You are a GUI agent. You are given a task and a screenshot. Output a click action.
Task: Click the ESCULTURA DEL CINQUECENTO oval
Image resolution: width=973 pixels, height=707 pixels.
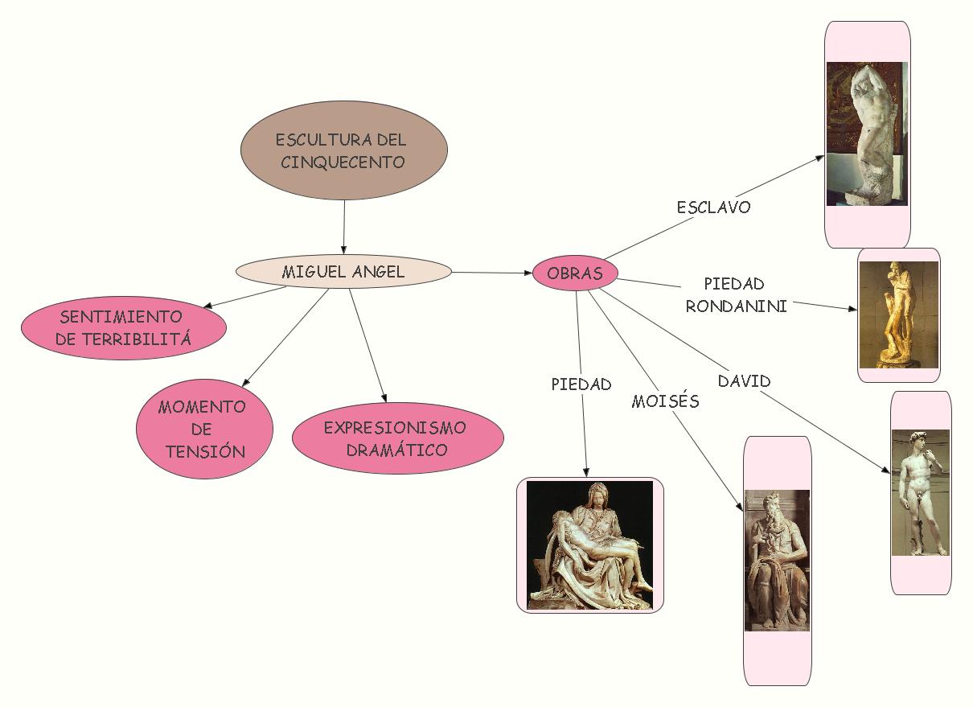[x=344, y=150]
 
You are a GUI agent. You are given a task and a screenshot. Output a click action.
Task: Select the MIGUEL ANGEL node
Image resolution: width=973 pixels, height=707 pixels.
[x=343, y=272]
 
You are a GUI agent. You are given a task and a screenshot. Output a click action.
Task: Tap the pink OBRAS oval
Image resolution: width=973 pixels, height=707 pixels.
[x=575, y=273]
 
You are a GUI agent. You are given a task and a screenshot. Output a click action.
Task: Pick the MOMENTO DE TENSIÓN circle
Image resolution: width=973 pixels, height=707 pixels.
[x=204, y=428]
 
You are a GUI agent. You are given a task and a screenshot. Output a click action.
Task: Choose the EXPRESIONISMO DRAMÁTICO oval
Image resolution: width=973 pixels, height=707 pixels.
[x=397, y=438]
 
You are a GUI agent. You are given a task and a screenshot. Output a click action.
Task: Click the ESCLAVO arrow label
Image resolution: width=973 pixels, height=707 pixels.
[x=713, y=208]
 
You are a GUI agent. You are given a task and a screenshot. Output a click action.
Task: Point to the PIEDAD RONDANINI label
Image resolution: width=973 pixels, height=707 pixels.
[x=735, y=294]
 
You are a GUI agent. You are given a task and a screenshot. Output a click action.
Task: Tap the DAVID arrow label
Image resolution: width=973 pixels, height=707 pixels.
[x=744, y=381]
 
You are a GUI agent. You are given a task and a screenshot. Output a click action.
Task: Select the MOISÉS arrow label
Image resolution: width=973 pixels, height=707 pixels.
[x=665, y=401]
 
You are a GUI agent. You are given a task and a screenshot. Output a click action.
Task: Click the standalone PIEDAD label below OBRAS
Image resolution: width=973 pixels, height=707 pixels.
[x=581, y=384]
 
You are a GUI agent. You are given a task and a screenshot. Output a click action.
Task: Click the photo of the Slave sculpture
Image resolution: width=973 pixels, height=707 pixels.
[x=867, y=134]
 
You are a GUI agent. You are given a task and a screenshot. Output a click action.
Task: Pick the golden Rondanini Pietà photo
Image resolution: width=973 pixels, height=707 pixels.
[x=898, y=314]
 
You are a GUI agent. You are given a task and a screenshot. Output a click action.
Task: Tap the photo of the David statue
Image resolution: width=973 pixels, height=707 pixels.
[x=921, y=492]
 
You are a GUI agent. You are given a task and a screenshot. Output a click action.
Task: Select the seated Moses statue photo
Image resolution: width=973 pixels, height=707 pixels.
[x=777, y=561]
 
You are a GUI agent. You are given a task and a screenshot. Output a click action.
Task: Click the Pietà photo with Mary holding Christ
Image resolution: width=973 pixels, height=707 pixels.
[x=590, y=545]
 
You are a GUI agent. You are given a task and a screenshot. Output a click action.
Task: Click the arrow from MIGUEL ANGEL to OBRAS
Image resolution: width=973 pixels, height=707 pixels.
[x=492, y=273]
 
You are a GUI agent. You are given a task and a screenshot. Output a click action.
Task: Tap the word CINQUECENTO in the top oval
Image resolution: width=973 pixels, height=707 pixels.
[x=343, y=162]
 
